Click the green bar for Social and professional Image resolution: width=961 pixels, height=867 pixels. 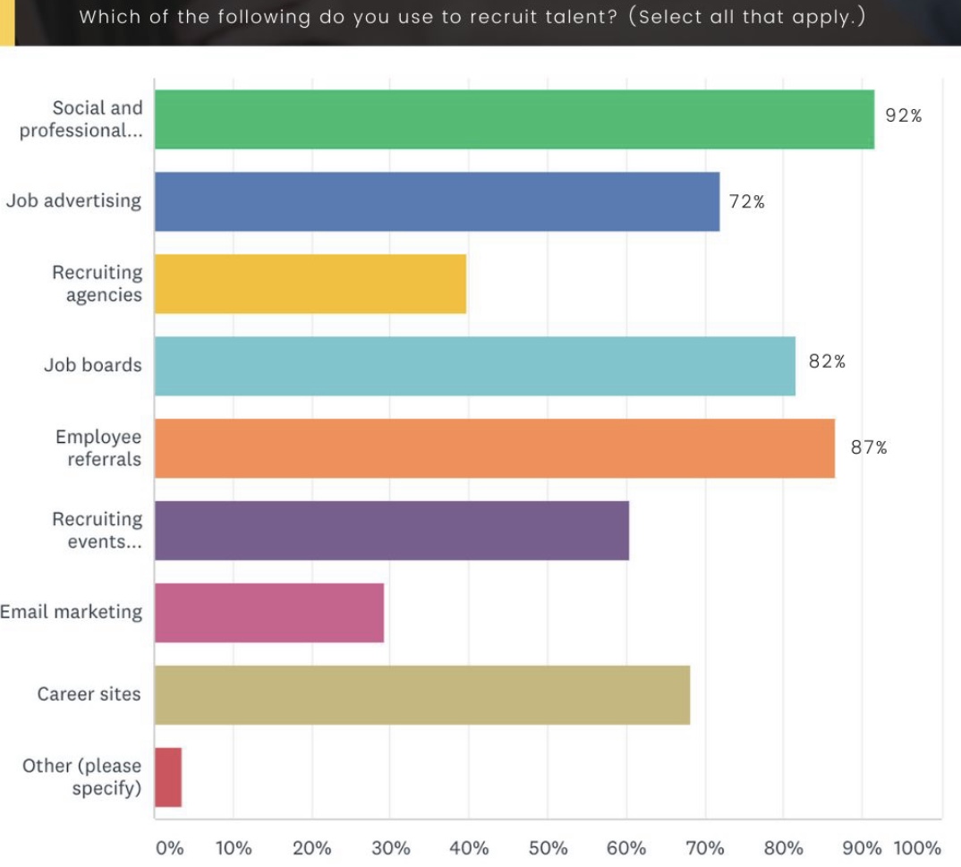coord(514,119)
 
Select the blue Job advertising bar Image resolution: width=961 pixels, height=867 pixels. coord(437,201)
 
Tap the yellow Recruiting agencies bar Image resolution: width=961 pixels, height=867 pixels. coord(310,284)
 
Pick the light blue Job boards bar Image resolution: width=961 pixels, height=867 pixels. coord(474,366)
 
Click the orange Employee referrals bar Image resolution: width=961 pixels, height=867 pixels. coord(494,448)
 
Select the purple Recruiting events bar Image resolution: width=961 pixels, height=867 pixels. coord(391,531)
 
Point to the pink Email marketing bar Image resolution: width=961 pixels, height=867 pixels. coord(268,613)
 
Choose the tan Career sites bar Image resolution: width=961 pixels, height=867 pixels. coord(421,695)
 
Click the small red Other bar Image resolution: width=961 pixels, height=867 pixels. coord(168,778)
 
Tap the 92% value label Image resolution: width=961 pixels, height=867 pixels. coord(903,115)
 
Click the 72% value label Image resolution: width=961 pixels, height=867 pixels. coord(746,201)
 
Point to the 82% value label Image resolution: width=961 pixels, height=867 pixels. coord(827,361)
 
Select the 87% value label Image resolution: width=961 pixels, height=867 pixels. coord(869,448)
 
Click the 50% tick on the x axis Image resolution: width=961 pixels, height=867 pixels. coord(548,848)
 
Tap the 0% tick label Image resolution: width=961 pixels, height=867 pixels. coord(169,848)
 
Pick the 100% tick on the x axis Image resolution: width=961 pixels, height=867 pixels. coord(917,848)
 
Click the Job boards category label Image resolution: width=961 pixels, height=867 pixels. coord(92,365)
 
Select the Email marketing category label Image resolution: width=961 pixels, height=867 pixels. coord(71,612)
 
